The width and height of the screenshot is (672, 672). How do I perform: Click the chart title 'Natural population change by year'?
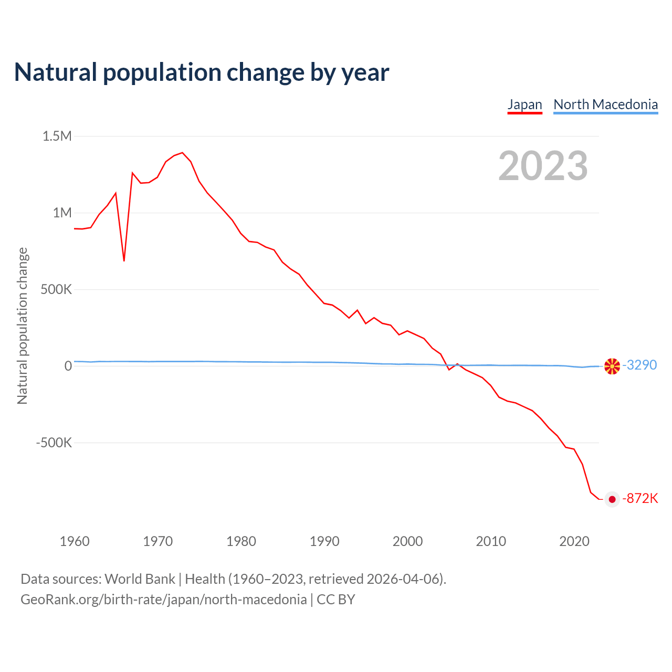click(202, 72)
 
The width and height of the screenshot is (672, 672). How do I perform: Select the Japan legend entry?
click(524, 104)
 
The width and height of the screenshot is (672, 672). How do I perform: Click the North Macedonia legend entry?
click(605, 104)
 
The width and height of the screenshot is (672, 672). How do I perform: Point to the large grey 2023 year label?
click(543, 166)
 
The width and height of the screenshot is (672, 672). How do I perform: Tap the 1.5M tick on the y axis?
click(57, 136)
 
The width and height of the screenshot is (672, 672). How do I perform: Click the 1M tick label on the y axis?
click(62, 213)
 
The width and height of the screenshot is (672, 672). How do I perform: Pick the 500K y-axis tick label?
click(56, 290)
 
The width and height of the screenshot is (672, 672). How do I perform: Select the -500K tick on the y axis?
click(54, 443)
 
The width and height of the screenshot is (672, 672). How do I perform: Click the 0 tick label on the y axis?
click(68, 366)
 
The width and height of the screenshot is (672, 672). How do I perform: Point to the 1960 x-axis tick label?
click(75, 541)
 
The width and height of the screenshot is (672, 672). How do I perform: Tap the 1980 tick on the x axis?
click(241, 541)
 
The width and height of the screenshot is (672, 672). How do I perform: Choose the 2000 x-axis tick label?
click(407, 541)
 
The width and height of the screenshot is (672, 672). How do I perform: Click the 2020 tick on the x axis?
click(574, 541)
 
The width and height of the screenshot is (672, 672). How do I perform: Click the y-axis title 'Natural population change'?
click(23, 326)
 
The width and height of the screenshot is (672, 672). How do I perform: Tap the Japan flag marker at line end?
click(612, 499)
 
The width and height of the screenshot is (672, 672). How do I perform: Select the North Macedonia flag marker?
click(612, 366)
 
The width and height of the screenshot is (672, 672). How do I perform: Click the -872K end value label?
click(640, 498)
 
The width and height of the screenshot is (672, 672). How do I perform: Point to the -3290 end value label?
click(639, 365)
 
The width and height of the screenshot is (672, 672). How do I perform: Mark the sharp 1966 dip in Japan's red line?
click(124, 260)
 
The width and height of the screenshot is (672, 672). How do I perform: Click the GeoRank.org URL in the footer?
click(163, 600)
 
